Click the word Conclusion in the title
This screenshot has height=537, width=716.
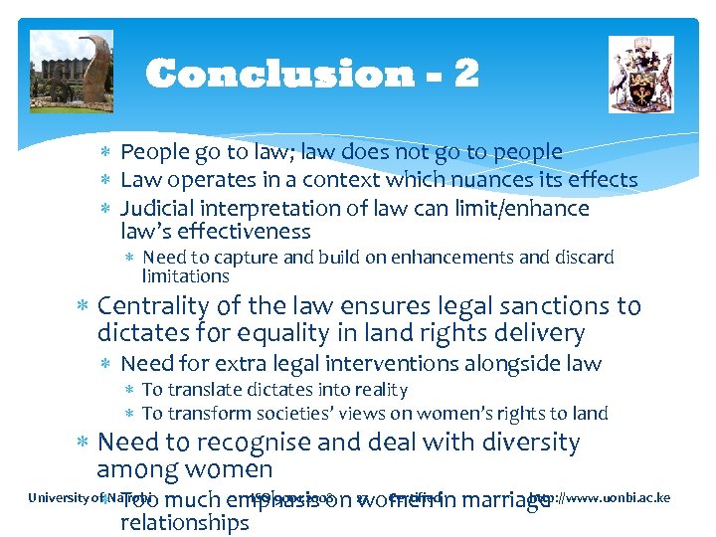278,74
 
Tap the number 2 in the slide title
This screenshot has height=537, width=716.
466,74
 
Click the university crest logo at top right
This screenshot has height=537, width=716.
640,75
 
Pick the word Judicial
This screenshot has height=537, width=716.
158,209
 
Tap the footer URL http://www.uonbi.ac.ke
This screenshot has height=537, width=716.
600,497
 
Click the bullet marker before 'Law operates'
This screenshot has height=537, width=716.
106,181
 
